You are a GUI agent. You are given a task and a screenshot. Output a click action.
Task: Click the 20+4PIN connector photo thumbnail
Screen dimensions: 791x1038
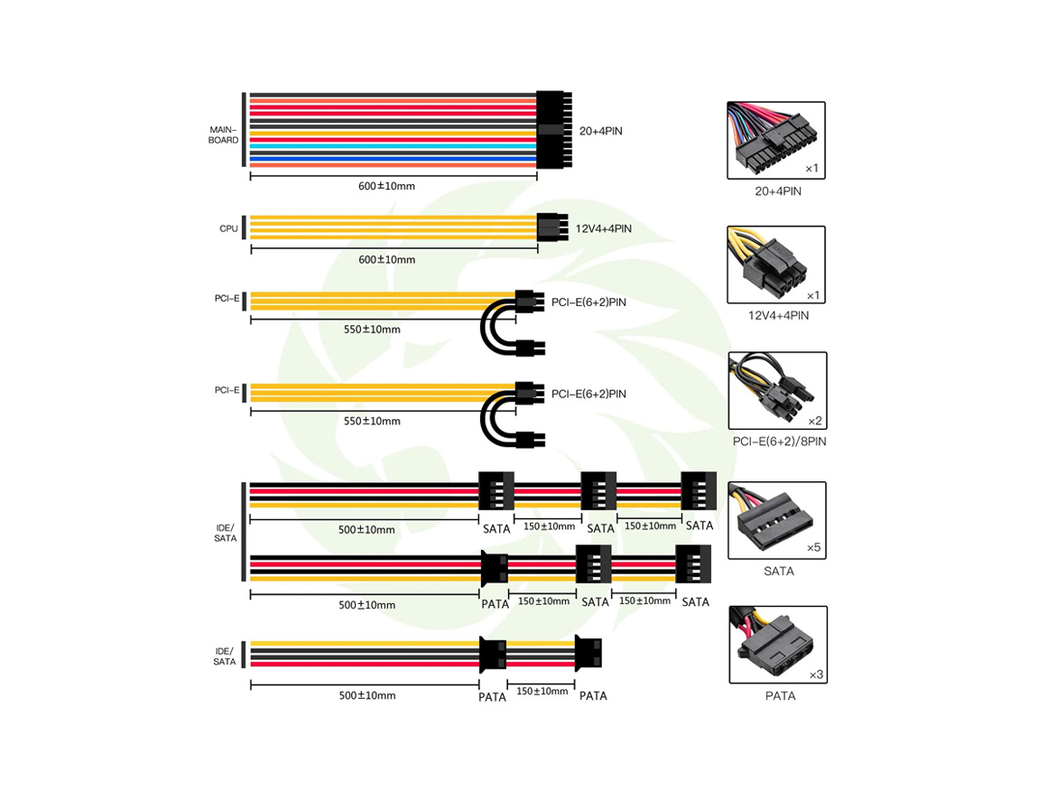[x=775, y=140]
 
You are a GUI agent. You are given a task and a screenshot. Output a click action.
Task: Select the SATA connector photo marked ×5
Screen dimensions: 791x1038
[x=776, y=521]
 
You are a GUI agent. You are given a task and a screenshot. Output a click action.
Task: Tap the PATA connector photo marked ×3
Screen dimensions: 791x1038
[x=776, y=645]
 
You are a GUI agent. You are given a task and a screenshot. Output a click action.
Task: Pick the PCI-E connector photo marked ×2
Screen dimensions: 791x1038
[x=776, y=391]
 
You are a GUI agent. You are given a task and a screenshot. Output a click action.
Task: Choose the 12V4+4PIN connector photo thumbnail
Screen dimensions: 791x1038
[x=775, y=265]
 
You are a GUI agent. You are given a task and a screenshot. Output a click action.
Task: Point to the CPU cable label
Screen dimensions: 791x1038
[x=228, y=228]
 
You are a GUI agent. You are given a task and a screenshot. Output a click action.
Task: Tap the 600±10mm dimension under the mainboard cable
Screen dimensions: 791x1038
[x=386, y=186]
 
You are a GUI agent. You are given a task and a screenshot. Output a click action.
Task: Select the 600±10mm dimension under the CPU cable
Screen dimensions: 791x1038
[x=386, y=259]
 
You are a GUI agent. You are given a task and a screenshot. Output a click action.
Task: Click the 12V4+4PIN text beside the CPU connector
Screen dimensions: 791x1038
[x=603, y=229]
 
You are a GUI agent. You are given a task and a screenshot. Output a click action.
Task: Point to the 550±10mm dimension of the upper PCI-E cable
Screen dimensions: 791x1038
[x=371, y=330]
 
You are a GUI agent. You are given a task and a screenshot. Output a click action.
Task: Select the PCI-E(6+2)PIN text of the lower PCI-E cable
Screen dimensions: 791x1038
[x=589, y=394]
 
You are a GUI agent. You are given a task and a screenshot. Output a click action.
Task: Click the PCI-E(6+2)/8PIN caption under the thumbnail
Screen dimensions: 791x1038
[x=779, y=442]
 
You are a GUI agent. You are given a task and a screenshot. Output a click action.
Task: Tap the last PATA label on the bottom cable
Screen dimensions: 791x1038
[x=593, y=696]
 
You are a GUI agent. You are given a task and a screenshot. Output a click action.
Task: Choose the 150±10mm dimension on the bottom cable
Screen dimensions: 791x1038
[x=542, y=692]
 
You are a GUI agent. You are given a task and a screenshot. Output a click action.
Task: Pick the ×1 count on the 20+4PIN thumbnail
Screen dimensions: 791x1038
[x=811, y=169]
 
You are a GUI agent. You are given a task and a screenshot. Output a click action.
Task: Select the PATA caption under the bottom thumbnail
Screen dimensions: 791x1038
[x=779, y=696]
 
